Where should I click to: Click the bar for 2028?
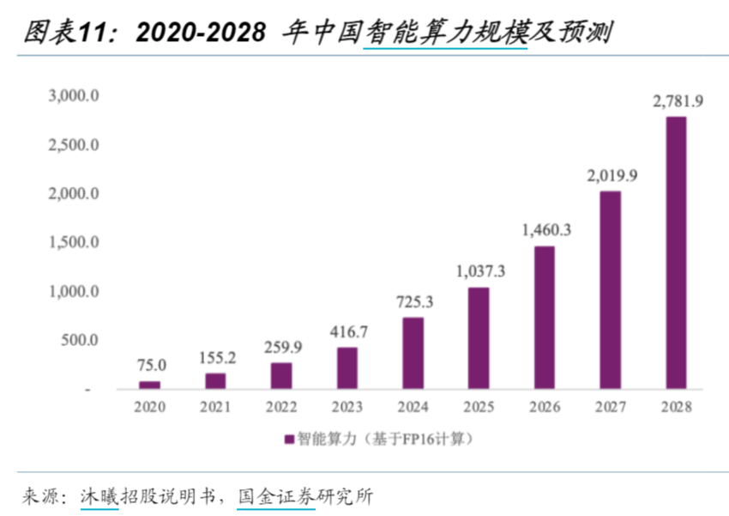click(x=676, y=252)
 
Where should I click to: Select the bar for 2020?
click(x=150, y=385)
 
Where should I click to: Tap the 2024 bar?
click(x=413, y=353)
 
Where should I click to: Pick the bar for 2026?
click(x=545, y=318)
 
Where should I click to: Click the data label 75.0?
click(x=150, y=365)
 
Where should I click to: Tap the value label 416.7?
click(x=347, y=331)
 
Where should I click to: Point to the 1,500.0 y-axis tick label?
click(x=74, y=243)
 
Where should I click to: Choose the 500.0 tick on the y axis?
click(x=81, y=341)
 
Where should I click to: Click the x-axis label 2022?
click(x=281, y=407)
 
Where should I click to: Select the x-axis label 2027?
click(x=611, y=407)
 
